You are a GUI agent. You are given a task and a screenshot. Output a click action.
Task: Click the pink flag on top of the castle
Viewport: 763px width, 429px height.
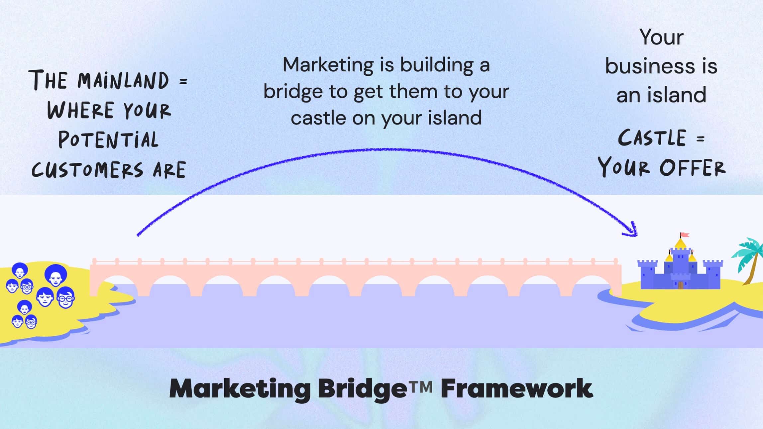coord(685,235)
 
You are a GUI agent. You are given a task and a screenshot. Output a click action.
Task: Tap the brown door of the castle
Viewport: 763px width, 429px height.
coord(681,285)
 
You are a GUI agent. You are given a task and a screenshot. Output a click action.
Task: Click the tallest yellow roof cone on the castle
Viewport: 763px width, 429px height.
coord(680,244)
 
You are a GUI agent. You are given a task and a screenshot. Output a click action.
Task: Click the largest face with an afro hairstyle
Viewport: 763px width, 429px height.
coord(55,275)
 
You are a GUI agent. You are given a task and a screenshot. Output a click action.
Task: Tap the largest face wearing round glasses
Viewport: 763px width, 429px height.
coord(66,298)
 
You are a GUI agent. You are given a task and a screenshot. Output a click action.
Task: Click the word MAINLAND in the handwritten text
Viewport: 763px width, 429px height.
coord(124,81)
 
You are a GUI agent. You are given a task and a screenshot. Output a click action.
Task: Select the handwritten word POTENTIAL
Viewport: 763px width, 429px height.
coord(108,140)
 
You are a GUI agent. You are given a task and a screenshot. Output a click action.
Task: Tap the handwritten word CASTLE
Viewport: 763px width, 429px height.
coord(652,138)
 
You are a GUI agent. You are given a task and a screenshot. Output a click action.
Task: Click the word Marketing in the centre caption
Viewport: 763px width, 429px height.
coord(328,65)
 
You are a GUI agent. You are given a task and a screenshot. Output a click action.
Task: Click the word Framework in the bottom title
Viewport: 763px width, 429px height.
coord(516,388)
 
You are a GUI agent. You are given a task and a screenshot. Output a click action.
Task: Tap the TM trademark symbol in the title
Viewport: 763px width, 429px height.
coord(420,386)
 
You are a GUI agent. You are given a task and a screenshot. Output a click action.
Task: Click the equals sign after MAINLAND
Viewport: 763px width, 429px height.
coord(183,81)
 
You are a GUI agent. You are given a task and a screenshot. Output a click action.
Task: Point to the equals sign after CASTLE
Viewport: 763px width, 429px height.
coord(701,139)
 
